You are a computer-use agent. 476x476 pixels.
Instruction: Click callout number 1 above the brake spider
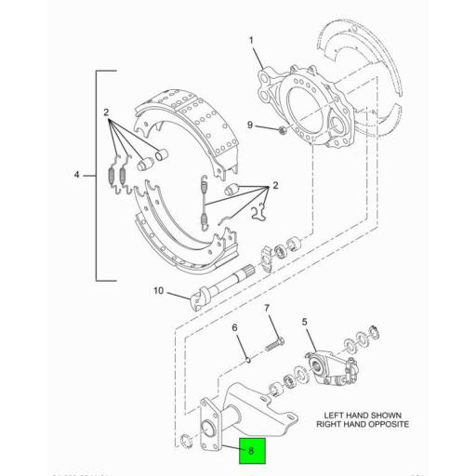coord(250,41)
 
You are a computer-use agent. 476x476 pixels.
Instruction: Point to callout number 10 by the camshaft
coord(158,291)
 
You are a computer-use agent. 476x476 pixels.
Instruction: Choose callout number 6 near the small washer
coord(234,328)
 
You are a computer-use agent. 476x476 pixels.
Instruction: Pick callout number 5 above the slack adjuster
coord(303,323)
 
